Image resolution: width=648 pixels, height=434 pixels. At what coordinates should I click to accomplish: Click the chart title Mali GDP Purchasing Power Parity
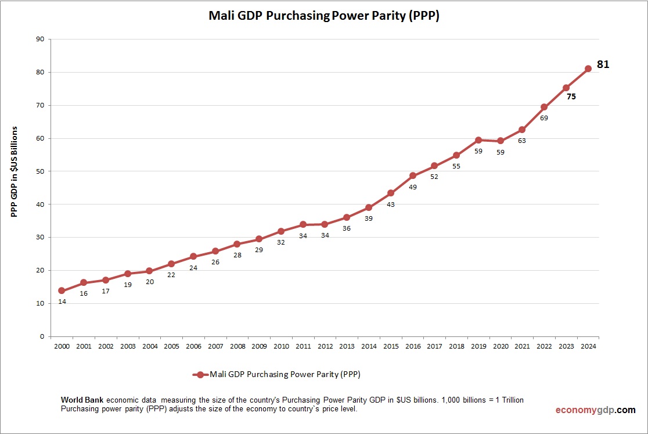[x=323, y=16]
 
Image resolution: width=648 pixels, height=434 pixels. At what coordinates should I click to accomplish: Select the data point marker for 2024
[x=588, y=69]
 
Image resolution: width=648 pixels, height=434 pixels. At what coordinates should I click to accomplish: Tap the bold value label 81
[x=603, y=64]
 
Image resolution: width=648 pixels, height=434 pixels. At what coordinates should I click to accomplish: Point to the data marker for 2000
[x=62, y=290]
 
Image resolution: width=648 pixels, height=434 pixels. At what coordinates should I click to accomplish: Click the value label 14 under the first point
[x=62, y=302]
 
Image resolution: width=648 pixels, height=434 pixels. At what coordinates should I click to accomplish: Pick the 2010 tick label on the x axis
[x=281, y=346]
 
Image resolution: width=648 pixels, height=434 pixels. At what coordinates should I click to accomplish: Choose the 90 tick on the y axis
[x=40, y=40]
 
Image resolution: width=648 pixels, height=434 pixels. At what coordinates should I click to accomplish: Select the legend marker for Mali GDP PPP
[x=200, y=375]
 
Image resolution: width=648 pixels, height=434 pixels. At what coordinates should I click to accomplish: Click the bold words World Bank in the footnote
[x=82, y=400]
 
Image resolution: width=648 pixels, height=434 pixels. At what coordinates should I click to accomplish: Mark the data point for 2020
[x=501, y=141]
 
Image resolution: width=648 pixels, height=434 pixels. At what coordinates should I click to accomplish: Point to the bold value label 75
[x=571, y=97]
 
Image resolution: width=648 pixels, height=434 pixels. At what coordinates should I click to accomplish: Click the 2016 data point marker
[x=413, y=175]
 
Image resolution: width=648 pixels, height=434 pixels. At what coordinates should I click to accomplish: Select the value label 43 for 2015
[x=391, y=204]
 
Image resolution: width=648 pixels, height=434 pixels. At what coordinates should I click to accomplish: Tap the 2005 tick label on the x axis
[x=171, y=346]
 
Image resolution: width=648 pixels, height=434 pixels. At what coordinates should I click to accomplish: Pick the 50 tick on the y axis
[x=40, y=171]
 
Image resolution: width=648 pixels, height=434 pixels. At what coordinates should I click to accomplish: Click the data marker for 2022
[x=544, y=107]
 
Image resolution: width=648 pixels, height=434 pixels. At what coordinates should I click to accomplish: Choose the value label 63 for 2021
[x=522, y=141]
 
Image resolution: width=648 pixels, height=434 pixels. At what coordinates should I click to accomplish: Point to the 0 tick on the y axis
[x=42, y=336]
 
